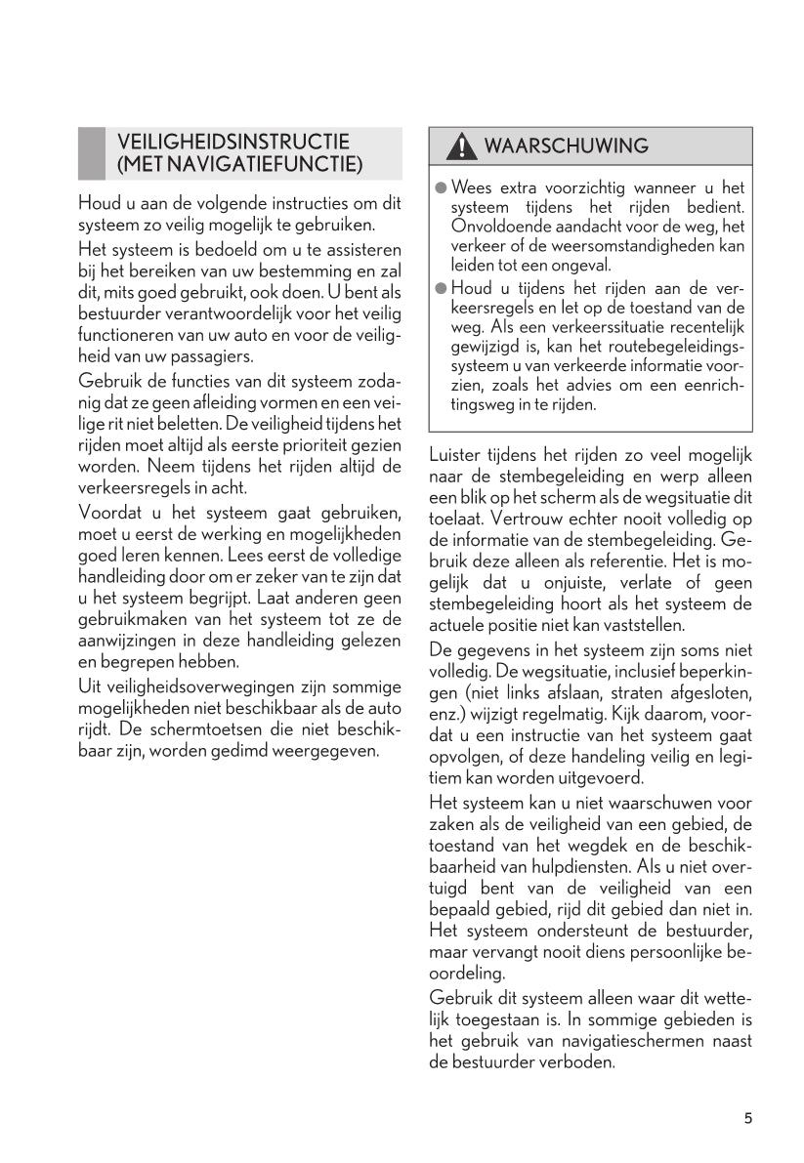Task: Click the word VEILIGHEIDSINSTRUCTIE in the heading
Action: [233, 142]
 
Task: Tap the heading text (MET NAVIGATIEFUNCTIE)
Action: [239, 164]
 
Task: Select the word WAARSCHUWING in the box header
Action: [567, 146]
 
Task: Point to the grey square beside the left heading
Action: [92, 153]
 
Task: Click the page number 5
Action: [747, 1118]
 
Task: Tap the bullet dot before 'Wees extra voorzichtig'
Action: [441, 187]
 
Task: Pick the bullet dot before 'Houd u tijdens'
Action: [441, 287]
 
